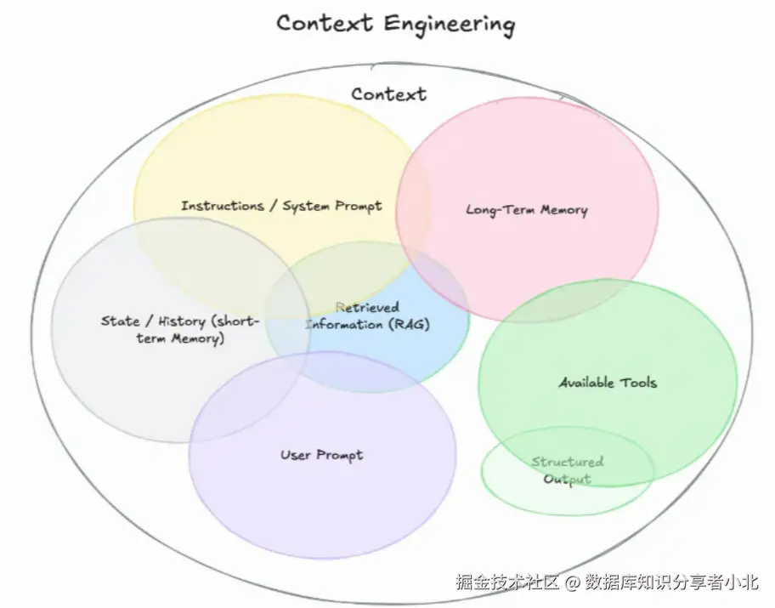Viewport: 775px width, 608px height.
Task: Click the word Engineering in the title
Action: (450, 25)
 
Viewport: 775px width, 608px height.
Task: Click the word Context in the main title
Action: (325, 23)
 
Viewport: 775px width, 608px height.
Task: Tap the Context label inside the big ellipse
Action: (389, 94)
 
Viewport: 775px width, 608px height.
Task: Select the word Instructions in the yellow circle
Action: (223, 205)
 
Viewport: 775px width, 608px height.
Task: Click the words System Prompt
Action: (332, 207)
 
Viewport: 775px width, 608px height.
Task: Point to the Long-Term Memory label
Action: (527, 210)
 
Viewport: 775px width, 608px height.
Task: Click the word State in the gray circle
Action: (120, 321)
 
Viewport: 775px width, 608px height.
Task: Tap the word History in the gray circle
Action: (181, 321)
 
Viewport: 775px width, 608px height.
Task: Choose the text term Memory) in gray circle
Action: (180, 339)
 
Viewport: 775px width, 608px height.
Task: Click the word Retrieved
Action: (367, 307)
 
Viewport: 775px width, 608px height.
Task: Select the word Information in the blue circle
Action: (344, 325)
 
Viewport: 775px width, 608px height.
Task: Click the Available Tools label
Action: (608, 383)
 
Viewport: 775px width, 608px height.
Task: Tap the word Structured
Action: (568, 462)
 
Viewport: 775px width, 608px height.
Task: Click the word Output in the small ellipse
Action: (568, 479)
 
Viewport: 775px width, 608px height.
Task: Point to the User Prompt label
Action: (322, 455)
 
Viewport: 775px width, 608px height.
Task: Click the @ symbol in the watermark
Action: (572, 582)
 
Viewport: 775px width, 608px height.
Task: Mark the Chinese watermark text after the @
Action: (671, 582)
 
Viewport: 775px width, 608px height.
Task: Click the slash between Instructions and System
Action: (273, 205)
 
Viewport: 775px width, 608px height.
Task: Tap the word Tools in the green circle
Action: (638, 383)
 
